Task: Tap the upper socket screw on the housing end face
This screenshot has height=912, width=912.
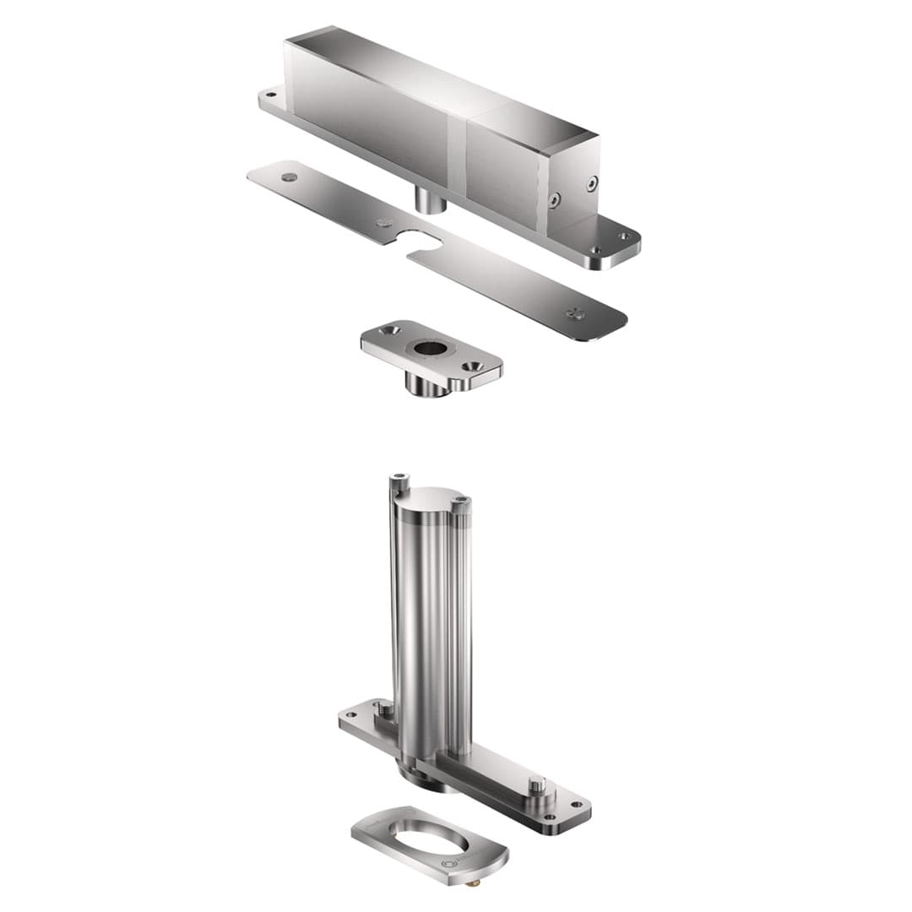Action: (592, 183)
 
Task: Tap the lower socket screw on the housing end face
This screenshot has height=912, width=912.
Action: (554, 200)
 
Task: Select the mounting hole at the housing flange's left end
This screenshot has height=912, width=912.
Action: (270, 95)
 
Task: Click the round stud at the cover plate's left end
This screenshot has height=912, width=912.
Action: (290, 177)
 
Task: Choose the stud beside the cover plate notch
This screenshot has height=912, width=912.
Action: (384, 223)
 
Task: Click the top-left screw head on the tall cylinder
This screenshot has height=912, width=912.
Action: (399, 483)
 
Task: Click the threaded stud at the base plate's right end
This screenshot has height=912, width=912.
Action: (535, 786)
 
